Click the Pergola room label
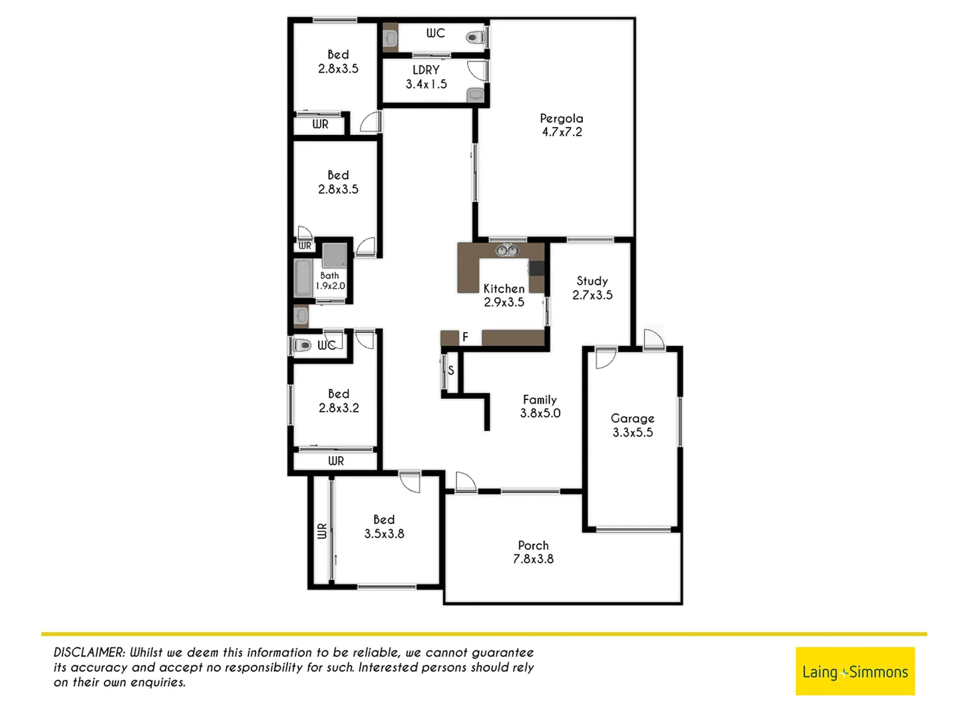tap(562, 125)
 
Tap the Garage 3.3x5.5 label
tap(632, 425)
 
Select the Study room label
tap(592, 288)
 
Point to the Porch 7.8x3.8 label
tap(533, 552)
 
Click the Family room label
tap(540, 406)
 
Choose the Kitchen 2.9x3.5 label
tap(504, 295)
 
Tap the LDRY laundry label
tap(426, 77)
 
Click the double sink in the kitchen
tap(506, 250)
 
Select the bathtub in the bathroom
tap(303, 278)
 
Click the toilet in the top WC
tap(474, 37)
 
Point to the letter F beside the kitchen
tap(465, 337)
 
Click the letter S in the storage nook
tap(450, 370)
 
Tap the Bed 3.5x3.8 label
tap(384, 527)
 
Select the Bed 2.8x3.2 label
tap(339, 401)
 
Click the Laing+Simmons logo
tap(855, 671)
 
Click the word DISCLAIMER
tap(89, 653)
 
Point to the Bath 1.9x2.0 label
tap(330, 281)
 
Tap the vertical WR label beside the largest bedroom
tap(322, 531)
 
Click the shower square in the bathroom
tap(334, 255)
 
